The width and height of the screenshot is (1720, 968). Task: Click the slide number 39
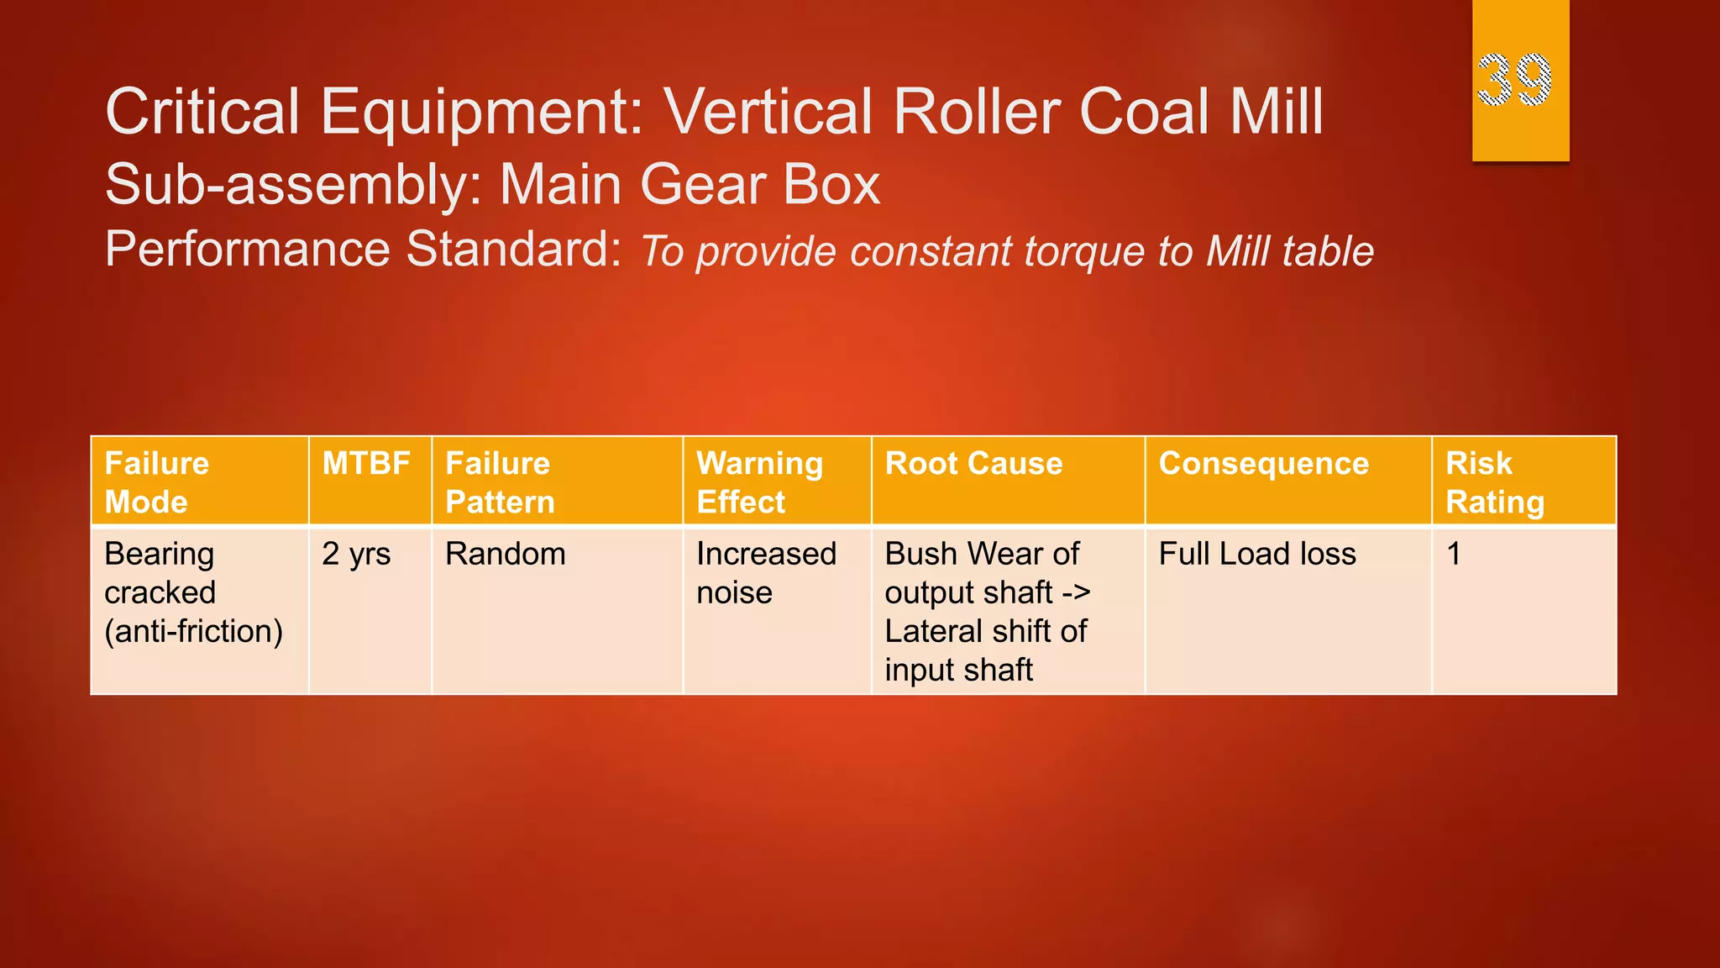[1514, 80]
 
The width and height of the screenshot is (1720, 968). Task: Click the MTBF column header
[366, 464]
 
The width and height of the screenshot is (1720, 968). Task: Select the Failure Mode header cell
[156, 482]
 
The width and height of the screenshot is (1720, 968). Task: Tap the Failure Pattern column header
[500, 482]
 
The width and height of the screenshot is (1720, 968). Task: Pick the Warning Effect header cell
[759, 482]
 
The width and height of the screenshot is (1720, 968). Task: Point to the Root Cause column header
[973, 464]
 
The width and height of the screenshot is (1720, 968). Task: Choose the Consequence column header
[1263, 464]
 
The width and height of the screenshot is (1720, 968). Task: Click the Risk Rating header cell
[1494, 482]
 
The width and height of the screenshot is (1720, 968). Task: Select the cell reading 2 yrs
[356, 555]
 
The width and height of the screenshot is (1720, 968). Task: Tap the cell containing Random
[505, 555]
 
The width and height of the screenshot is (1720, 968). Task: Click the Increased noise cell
[765, 573]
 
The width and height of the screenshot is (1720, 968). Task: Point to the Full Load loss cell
[1257, 555]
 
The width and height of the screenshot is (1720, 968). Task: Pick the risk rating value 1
[1454, 555]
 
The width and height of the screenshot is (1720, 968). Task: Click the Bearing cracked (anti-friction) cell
[193, 592]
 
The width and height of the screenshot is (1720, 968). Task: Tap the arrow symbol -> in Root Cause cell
[1076, 593]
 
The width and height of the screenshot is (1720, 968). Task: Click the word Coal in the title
[1146, 112]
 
